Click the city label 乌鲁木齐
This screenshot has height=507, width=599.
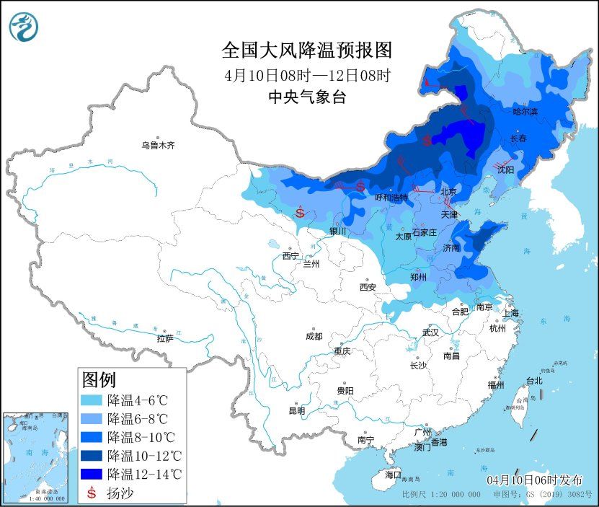[158, 145]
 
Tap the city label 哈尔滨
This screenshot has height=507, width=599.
[525, 112]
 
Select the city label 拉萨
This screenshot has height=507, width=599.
[165, 338]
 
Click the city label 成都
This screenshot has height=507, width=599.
[314, 336]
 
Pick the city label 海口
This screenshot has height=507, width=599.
[392, 475]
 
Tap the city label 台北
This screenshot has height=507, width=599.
[533, 380]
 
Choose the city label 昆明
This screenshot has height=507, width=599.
[296, 411]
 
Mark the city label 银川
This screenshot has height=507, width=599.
[338, 232]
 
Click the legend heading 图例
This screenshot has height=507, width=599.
[99, 379]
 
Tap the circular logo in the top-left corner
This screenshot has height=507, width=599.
[23, 27]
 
